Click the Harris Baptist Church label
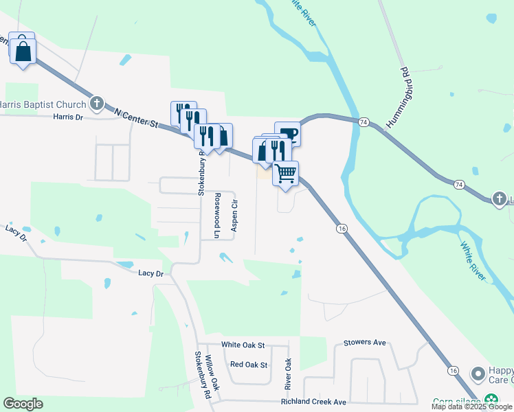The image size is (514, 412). click(43, 104)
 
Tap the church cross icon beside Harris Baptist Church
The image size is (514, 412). click(97, 104)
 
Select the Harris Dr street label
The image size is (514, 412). click(67, 117)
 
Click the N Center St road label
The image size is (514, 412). click(136, 118)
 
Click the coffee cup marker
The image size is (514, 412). click(287, 133)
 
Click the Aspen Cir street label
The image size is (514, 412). click(234, 215)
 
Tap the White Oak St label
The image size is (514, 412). click(243, 344)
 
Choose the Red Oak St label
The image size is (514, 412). click(249, 365)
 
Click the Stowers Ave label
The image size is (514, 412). click(366, 342)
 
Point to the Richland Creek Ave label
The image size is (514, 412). click(313, 402)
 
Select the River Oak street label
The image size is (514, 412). click(289, 374)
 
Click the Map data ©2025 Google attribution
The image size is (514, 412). click(471, 407)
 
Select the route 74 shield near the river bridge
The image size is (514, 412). click(364, 122)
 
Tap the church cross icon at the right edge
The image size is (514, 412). click(500, 199)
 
